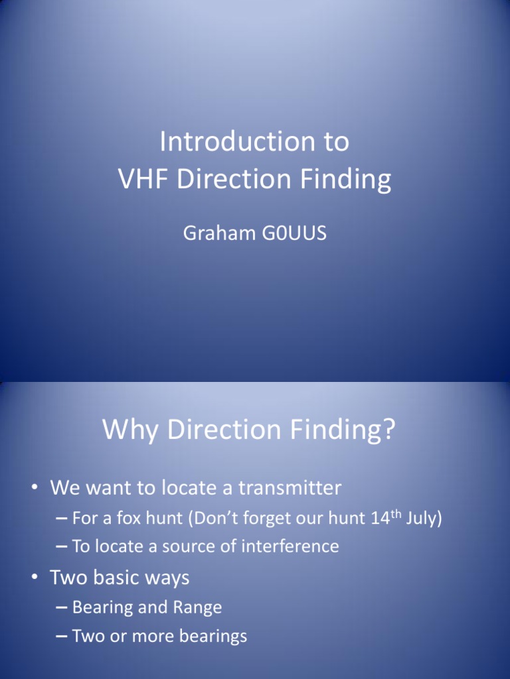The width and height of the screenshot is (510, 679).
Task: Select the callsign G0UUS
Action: [296, 234]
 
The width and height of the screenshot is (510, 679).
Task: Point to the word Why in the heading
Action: [131, 430]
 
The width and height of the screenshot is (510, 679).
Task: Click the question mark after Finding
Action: [388, 430]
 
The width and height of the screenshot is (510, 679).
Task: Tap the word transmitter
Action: [290, 489]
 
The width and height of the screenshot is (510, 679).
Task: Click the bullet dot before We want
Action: [33, 489]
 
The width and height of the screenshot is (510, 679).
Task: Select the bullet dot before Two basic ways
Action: [33, 578]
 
